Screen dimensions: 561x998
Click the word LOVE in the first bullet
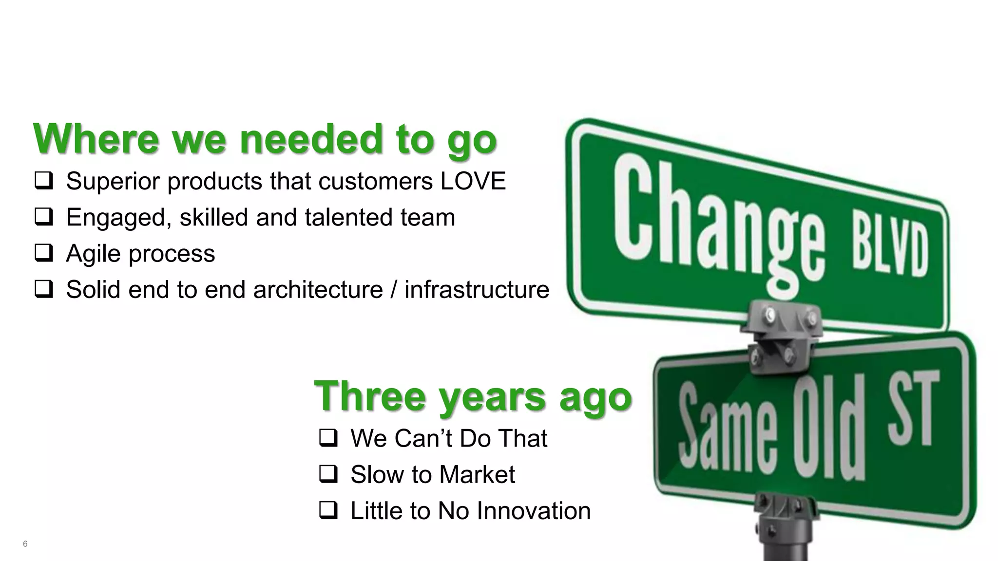point(473,181)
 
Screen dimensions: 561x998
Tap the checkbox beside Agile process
point(44,253)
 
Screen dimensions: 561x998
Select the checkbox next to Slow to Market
point(328,474)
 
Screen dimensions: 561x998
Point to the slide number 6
point(25,544)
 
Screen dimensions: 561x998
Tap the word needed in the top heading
point(312,139)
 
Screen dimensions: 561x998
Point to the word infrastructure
point(477,290)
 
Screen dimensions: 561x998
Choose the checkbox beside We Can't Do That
point(328,438)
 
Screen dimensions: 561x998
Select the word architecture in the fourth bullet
point(318,290)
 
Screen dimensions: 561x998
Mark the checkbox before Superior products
point(44,181)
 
